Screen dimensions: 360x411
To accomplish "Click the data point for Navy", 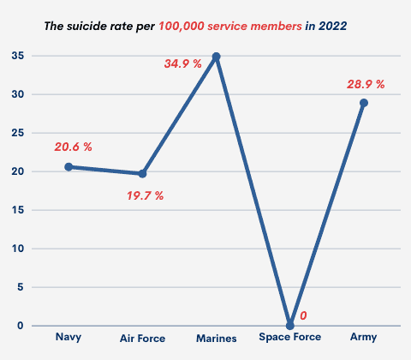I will pos(68,166).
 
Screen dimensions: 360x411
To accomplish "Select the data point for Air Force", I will pos(142,173).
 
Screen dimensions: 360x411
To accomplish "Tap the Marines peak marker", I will pos(216,57).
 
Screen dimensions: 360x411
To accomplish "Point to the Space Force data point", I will pos(289,325).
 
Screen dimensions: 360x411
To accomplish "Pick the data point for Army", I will pos(363,103).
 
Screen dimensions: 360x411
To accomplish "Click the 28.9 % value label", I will pos(363,84).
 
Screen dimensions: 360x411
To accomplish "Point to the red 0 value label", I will pos(302,316).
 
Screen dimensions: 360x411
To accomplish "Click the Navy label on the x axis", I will pos(68,337).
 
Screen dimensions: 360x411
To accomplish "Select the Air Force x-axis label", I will pos(142,338).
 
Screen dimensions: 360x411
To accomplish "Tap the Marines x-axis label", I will pos(216,338).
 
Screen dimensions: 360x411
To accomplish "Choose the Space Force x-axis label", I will pos(289,337).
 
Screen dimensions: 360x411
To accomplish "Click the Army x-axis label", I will pos(363,338).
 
